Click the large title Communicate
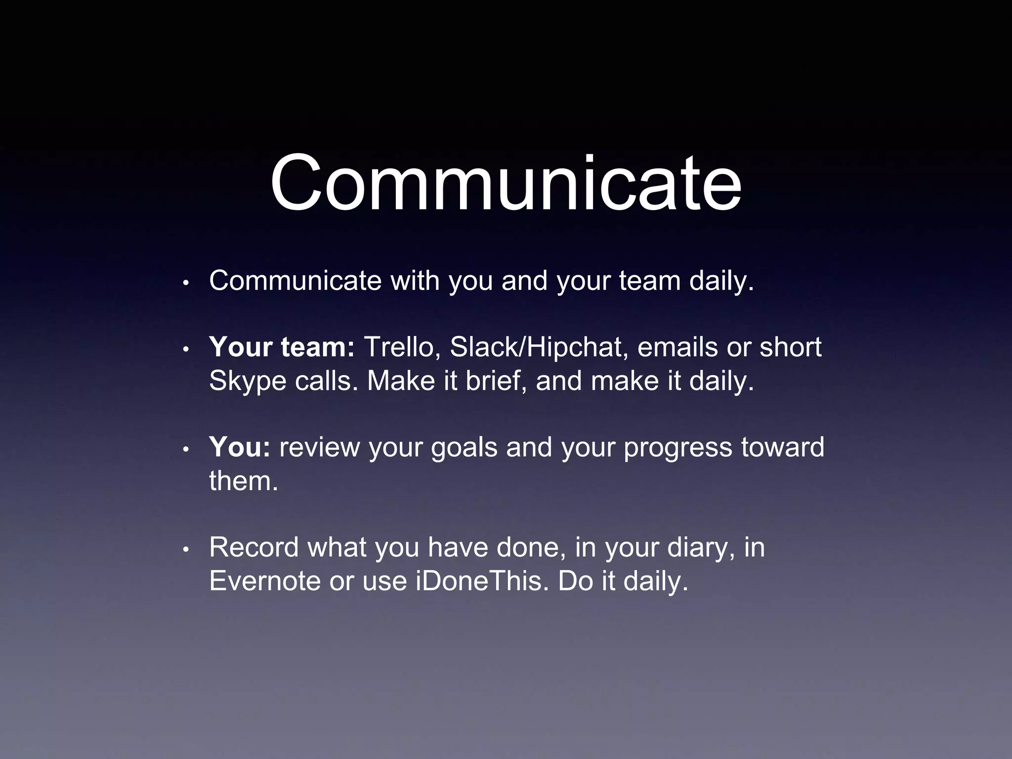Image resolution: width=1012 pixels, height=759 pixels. [506, 184]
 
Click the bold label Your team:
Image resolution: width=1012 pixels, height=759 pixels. [282, 347]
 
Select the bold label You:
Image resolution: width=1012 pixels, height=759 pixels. [240, 447]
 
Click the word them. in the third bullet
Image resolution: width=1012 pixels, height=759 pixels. [244, 481]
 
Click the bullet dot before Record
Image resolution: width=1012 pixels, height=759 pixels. [186, 549]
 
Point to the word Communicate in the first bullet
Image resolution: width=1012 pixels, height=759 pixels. [295, 281]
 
